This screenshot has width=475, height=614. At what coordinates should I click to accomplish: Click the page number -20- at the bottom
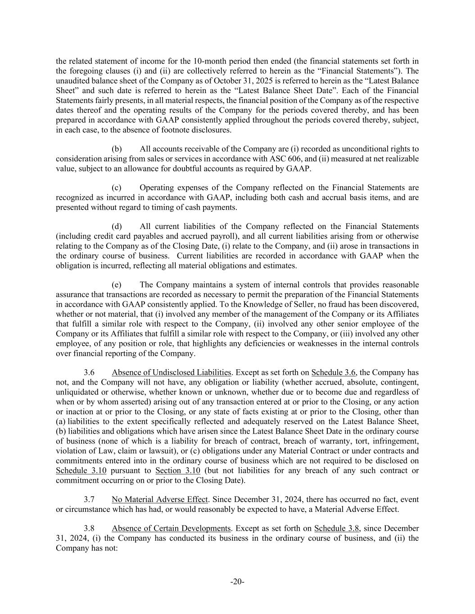[237, 582]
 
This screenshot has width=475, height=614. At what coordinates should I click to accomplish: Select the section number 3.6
[89, 372]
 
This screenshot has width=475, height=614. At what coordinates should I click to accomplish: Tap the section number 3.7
[89, 499]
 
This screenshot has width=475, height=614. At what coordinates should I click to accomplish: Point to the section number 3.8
[89, 529]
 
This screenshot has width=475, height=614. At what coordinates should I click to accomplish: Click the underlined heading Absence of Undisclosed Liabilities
[172, 372]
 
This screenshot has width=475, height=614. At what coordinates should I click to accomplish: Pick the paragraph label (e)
[117, 285]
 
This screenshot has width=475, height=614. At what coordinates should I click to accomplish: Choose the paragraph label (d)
[117, 226]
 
